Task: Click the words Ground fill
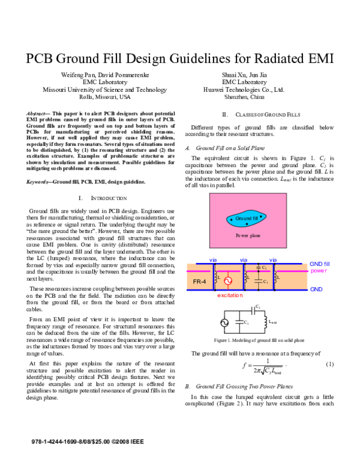[x=247, y=218]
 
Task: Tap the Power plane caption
[x=248, y=236]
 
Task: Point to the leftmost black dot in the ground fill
[x=232, y=220]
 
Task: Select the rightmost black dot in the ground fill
[x=261, y=216]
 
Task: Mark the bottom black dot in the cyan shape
[x=247, y=224]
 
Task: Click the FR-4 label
[x=200, y=281]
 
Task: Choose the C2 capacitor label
[x=265, y=268]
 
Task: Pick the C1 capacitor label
[x=265, y=282]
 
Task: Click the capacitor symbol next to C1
[x=258, y=280]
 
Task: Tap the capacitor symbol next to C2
[x=258, y=267]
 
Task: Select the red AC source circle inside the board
[x=228, y=280]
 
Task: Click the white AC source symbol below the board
[x=224, y=323]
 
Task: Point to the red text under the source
[x=230, y=295]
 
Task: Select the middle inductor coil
[x=245, y=277]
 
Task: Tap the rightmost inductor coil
[x=275, y=277]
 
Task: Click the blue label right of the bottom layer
[x=316, y=290]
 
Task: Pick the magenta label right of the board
[x=319, y=271]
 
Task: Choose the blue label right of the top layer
[x=319, y=264]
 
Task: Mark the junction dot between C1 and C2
[x=258, y=272]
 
